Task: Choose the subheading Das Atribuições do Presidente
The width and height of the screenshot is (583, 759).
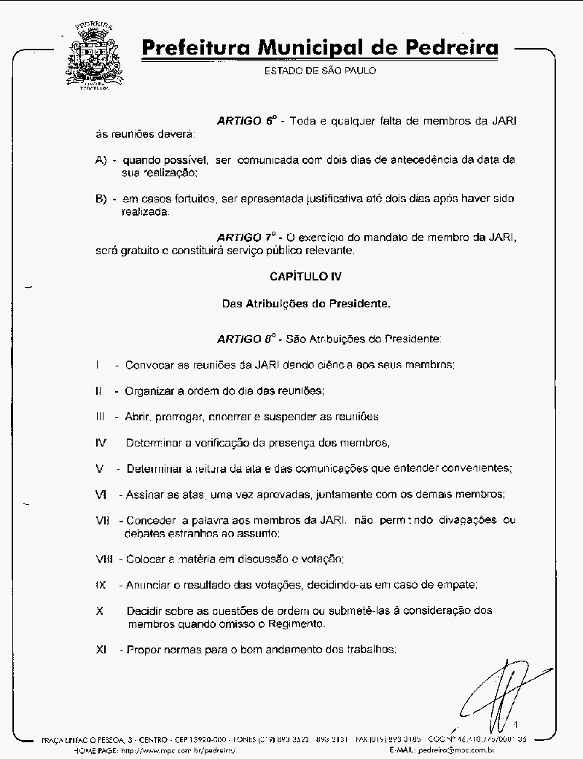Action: point(306,302)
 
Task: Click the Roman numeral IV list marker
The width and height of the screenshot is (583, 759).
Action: point(101,443)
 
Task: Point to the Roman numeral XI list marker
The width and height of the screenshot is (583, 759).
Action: point(101,650)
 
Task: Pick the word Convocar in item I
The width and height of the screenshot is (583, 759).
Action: point(149,365)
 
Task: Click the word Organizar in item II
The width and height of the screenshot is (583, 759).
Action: point(152,390)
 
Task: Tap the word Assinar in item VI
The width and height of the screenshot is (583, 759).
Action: point(145,495)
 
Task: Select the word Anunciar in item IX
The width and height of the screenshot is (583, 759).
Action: point(148,585)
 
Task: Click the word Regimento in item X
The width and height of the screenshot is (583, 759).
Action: point(297,624)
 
